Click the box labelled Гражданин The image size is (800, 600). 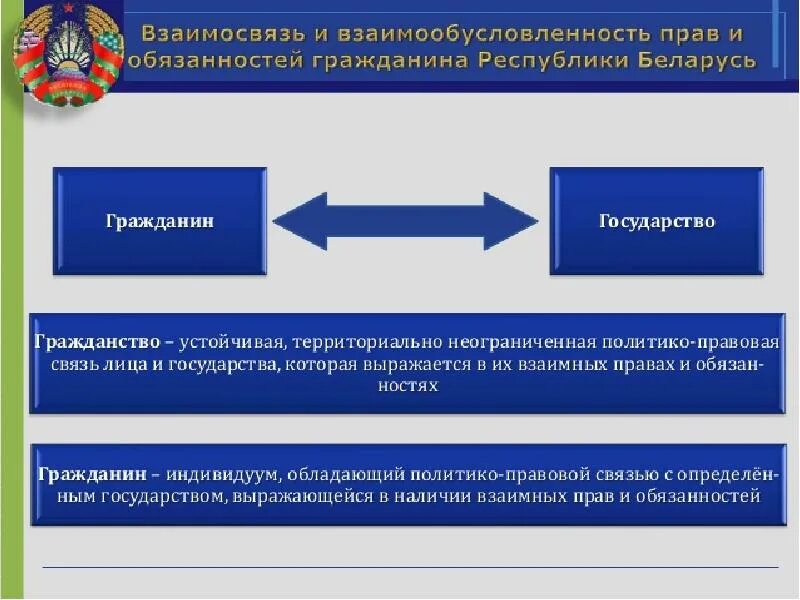[160, 220]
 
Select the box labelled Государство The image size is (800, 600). [656, 220]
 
